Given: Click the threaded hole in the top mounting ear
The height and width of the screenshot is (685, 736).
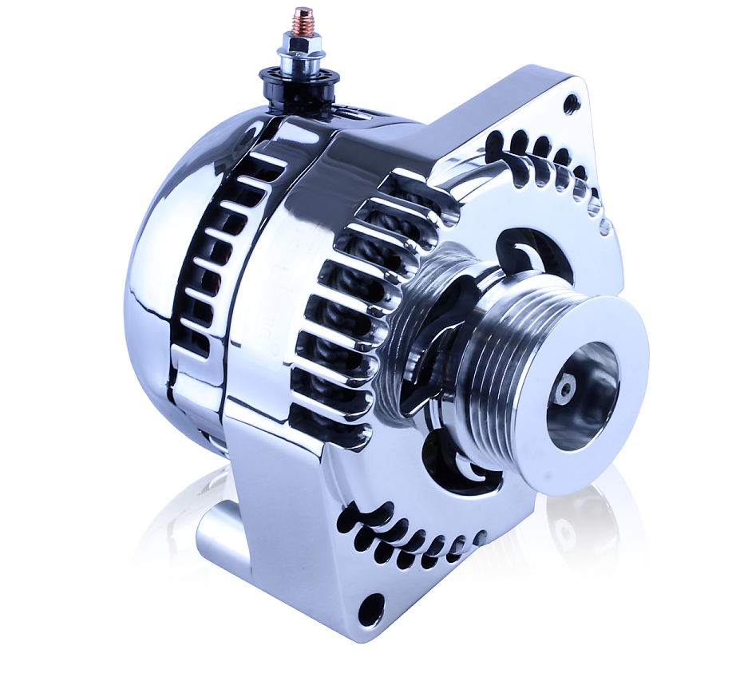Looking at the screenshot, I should (x=569, y=103).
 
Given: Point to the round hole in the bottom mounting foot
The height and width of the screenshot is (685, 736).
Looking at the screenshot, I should (x=368, y=612).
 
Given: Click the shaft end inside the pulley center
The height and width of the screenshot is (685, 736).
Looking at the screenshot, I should (x=566, y=389).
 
